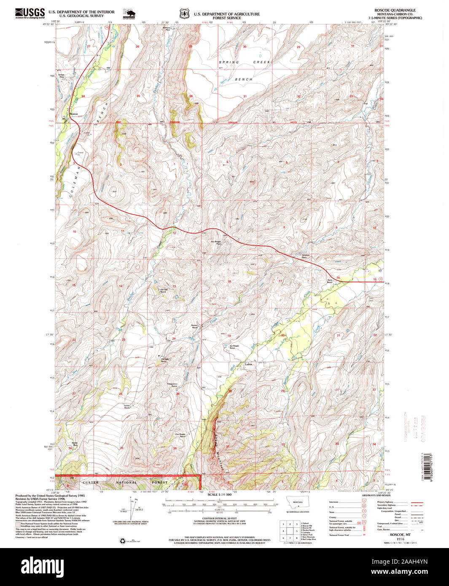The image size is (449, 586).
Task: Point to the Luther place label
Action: tap(249, 365)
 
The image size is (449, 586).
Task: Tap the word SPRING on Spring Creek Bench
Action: tap(229, 62)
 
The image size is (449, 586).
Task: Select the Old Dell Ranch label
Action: tap(164, 290)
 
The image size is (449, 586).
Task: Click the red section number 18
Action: tap(229, 281)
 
